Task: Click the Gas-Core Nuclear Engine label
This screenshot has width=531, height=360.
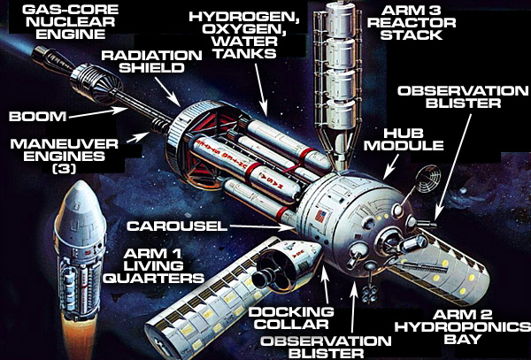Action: tap(71, 21)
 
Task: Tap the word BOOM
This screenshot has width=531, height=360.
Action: tap(37, 117)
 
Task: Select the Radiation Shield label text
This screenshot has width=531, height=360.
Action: tap(151, 61)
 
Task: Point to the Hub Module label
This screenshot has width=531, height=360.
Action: tap(404, 139)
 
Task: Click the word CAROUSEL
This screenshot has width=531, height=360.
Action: tap(177, 226)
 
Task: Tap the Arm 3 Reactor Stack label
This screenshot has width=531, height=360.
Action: tap(412, 22)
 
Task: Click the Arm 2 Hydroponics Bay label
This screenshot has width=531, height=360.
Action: tap(463, 327)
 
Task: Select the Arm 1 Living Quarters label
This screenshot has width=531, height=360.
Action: tap(153, 266)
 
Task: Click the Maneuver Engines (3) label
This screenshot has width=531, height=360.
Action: tap(64, 156)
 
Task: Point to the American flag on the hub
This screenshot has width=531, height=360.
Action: tap(319, 216)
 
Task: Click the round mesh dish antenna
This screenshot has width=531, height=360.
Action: tap(428, 179)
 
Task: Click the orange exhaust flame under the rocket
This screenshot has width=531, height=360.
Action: tap(79, 339)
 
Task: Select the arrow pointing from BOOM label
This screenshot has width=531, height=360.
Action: tap(98, 112)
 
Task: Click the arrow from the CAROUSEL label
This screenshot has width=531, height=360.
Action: tap(261, 227)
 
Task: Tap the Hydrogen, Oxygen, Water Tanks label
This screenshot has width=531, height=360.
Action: tap(243, 34)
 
